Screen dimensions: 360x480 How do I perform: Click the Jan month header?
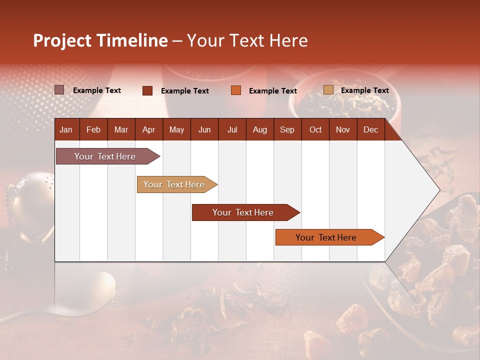(66, 129)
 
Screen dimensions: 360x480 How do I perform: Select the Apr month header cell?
(149, 129)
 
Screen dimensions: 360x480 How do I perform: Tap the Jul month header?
(232, 129)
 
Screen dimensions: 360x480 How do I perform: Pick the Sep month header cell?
(287, 129)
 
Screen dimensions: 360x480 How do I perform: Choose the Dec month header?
(370, 129)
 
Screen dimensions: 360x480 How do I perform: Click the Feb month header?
(93, 129)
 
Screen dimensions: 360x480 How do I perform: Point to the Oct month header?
(315, 129)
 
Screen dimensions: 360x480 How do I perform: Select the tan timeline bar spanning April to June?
(175, 184)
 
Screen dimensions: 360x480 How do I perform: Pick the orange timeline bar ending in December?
(327, 237)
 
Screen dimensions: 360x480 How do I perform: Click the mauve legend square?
(59, 90)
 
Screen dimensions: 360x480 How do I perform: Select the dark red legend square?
(147, 90)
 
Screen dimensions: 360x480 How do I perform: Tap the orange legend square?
(236, 90)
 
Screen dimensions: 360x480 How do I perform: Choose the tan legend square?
(328, 90)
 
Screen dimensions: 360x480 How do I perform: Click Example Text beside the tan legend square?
(364, 90)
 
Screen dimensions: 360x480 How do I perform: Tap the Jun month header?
(204, 129)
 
